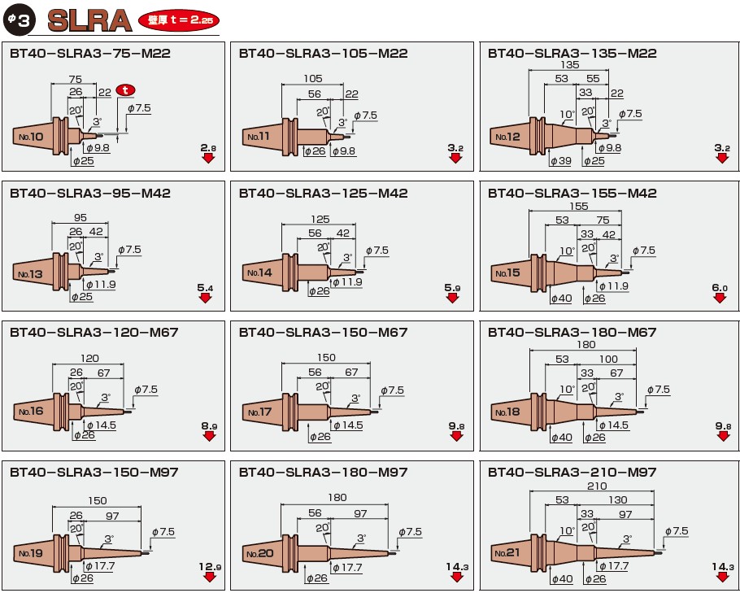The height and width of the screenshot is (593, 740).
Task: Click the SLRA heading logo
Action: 89,21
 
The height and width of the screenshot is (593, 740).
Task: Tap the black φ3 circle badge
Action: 19,20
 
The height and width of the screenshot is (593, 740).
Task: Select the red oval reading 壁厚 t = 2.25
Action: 179,20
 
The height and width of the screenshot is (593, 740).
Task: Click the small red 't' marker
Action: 125,89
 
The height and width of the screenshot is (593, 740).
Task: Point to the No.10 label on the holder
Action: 31,137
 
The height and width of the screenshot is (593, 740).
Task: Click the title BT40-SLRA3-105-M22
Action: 324,54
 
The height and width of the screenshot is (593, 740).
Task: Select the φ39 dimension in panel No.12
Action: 560,161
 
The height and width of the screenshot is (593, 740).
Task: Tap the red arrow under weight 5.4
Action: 205,298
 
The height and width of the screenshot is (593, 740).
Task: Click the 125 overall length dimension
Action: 320,219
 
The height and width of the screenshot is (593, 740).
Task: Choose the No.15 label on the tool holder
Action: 507,273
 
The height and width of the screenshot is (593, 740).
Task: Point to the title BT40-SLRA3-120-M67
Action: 94,333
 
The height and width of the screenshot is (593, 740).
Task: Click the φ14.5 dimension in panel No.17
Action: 348,425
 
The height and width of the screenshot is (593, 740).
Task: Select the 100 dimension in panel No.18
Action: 608,359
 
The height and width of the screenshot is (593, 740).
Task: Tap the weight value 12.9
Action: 210,566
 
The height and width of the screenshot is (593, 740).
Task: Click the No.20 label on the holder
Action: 260,553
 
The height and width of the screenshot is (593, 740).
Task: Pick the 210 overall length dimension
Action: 597,486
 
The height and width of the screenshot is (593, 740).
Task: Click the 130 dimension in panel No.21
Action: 618,499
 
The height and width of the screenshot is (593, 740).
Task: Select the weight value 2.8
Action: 208,148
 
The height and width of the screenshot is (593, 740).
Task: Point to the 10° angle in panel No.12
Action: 568,114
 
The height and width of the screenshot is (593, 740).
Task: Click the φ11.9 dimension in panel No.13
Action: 101,285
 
